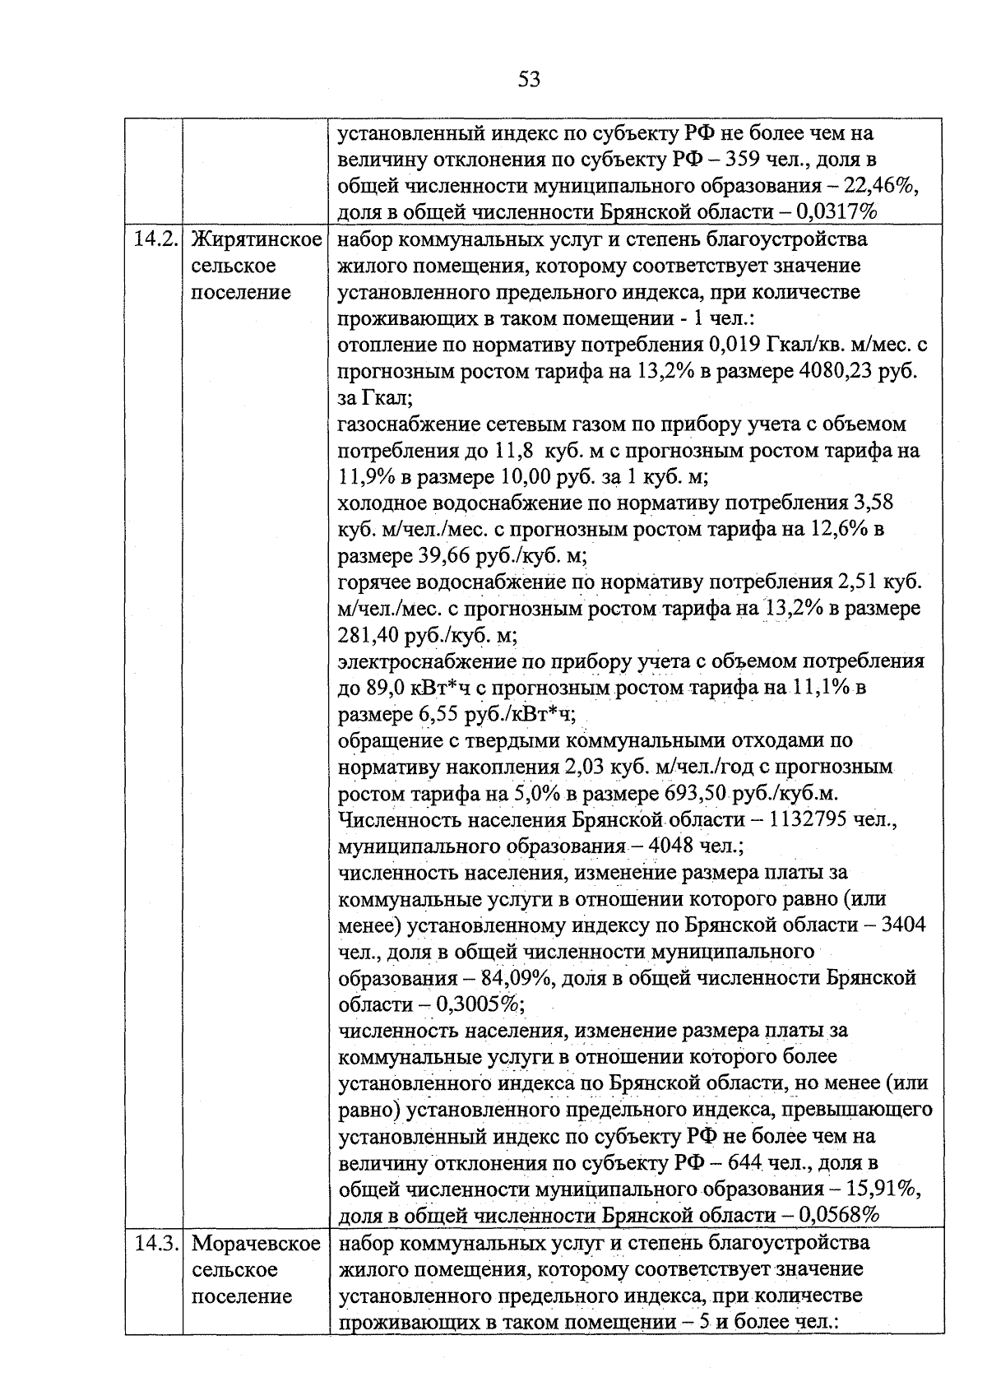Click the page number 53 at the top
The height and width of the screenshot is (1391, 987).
pos(530,80)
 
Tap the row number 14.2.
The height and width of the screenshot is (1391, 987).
pos(155,239)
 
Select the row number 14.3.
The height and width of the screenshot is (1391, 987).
pos(155,1243)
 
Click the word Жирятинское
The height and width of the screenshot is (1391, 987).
pos(255,239)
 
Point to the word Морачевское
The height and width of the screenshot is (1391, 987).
pos(256,1243)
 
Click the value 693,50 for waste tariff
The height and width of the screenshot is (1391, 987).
pos(689,794)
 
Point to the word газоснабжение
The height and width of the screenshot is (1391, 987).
pos(401,424)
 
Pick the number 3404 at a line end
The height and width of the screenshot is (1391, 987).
pos(902,925)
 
